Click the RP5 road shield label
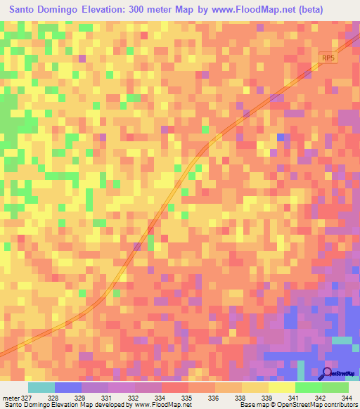click(x=328, y=58)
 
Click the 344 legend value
click(x=347, y=398)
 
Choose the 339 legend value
click(x=268, y=398)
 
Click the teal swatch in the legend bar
click(x=41, y=387)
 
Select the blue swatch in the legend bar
click(x=68, y=387)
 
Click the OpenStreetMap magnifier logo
click(x=327, y=373)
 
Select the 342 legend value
click(x=321, y=398)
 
